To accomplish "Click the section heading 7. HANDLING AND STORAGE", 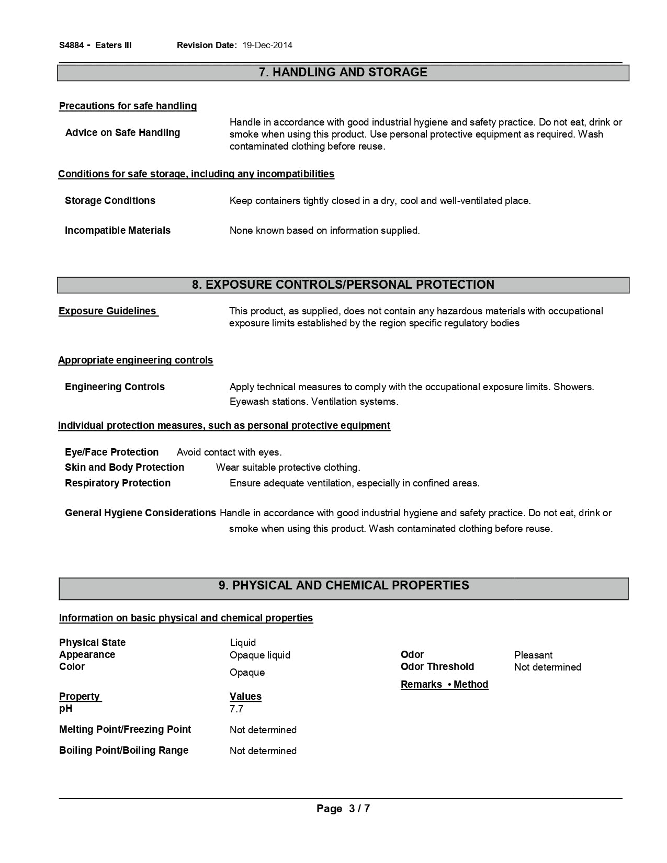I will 343,72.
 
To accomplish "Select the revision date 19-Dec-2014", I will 267,45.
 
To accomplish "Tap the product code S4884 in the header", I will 71,45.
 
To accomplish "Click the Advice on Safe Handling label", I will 122,133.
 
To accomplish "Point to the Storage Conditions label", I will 110,201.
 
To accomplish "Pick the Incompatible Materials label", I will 117,231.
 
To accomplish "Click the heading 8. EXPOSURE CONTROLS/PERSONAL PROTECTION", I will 343,285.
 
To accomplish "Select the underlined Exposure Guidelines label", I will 108,311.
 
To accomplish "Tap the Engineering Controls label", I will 115,387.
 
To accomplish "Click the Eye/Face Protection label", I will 111,452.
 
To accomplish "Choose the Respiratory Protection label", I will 117,483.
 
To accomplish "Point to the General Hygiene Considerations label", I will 140,513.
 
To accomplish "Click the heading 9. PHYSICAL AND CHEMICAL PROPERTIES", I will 344,585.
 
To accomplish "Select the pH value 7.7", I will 236,709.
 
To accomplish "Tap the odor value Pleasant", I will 533,655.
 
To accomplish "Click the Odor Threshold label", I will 437,667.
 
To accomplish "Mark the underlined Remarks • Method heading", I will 444,685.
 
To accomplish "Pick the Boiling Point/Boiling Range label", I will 123,751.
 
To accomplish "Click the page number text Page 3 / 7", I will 343,809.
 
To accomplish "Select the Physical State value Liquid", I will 243,643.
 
